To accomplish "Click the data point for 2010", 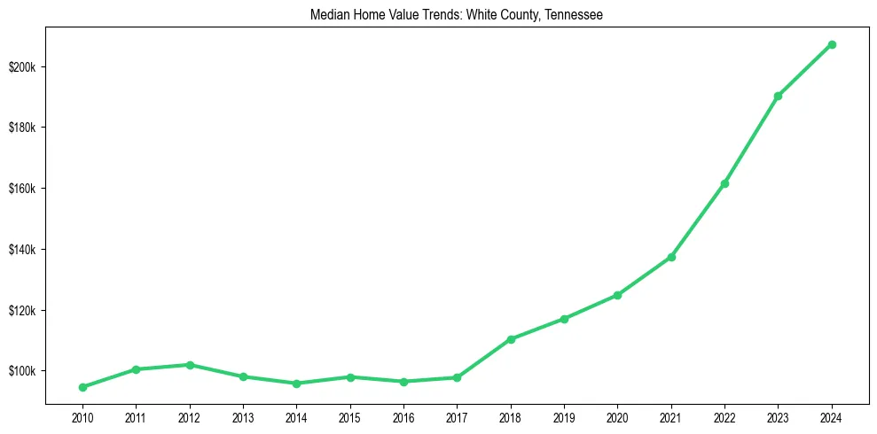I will click(82, 387).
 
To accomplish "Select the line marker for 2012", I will click(190, 365).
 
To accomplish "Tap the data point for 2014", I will click(296, 384).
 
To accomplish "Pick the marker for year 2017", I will click(457, 377).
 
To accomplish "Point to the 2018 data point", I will click(511, 339).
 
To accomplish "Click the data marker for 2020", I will click(617, 295).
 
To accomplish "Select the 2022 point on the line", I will click(724, 183).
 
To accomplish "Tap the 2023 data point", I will click(778, 96).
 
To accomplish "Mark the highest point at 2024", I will click(832, 44).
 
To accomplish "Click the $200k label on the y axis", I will click(23, 67).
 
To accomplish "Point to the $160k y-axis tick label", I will click(23, 189).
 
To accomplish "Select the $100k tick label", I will click(23, 370).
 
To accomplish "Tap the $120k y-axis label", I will click(23, 310).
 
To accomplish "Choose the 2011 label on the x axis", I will click(136, 417).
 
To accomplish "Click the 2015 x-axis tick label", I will click(350, 417).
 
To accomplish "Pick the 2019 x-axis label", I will click(564, 417).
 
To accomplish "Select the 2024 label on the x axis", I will click(832, 417).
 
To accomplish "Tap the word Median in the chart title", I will click(327, 15).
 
